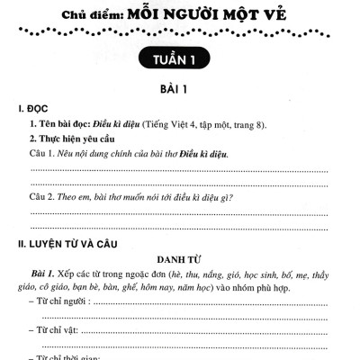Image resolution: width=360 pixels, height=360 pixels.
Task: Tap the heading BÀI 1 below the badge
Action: tap(181, 90)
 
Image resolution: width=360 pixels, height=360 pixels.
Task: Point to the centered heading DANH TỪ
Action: tap(181, 258)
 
